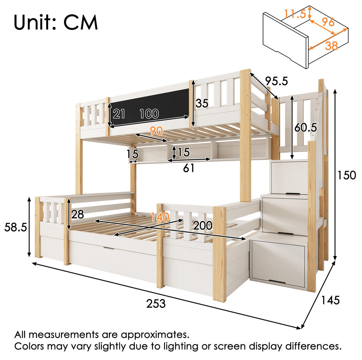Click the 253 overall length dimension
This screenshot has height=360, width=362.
pos(156,304)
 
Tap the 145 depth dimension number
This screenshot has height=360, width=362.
pos(330,300)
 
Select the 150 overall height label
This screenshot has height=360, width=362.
pos(347,175)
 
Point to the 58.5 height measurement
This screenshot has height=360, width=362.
pos(16,227)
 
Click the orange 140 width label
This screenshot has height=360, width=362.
pos(160,217)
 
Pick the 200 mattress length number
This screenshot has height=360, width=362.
pos(202,225)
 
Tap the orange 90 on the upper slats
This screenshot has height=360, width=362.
pos(156,131)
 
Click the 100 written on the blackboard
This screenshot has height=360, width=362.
pos(149,114)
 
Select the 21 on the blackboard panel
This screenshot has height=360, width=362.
pos(119,114)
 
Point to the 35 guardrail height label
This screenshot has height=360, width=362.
pos(202,103)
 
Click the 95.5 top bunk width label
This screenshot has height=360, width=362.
pos(276,81)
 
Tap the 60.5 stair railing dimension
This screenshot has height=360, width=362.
pos(306,127)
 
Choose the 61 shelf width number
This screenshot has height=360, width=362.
pos(189,168)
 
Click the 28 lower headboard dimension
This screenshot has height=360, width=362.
pos(78,214)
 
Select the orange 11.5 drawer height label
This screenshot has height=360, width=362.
pos(295,14)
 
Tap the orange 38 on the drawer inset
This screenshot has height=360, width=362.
pos(331,46)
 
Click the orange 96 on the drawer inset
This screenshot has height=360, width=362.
pos(329,22)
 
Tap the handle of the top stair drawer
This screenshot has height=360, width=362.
pos(294,194)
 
